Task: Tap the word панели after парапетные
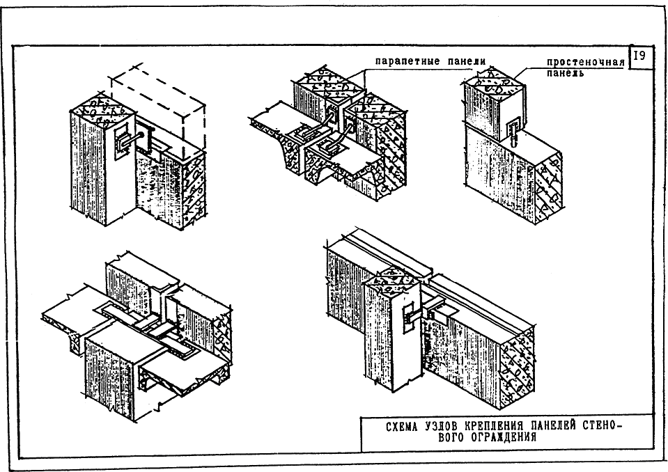pyautogui.click(x=467, y=61)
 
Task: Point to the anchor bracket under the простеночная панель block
pyautogui.click(x=513, y=129)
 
